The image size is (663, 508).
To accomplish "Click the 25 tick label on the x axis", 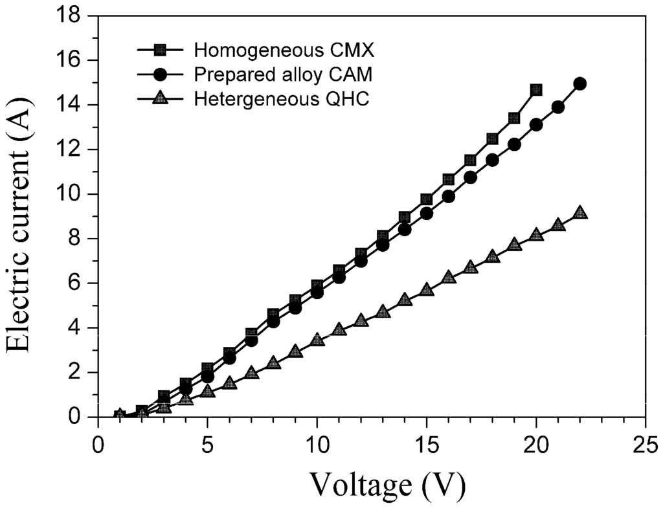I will pos(646,445).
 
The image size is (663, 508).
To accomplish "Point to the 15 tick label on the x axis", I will pos(427,445).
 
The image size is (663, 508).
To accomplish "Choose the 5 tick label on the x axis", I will pos(207,445).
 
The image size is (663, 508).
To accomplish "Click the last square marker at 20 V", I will pos(536,90).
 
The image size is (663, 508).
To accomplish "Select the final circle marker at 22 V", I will pos(580,83).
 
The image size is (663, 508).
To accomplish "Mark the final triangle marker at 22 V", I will pos(580,213).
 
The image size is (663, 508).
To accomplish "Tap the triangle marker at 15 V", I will pos(427,289).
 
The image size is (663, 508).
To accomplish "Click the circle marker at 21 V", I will pos(558,107).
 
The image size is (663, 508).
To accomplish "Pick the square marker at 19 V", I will pos(514,118).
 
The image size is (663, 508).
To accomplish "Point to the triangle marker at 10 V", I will pos(317,340).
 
